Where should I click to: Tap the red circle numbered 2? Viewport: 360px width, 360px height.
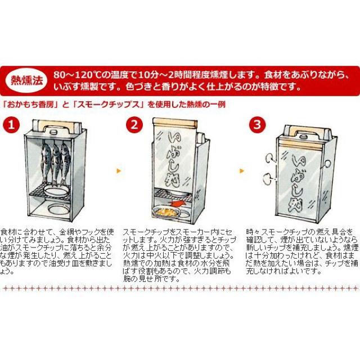click(133, 124)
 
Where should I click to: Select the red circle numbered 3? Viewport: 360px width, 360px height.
click(256, 124)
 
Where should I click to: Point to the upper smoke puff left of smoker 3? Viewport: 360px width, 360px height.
click(268, 157)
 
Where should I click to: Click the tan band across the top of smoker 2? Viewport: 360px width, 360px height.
click(175, 123)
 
